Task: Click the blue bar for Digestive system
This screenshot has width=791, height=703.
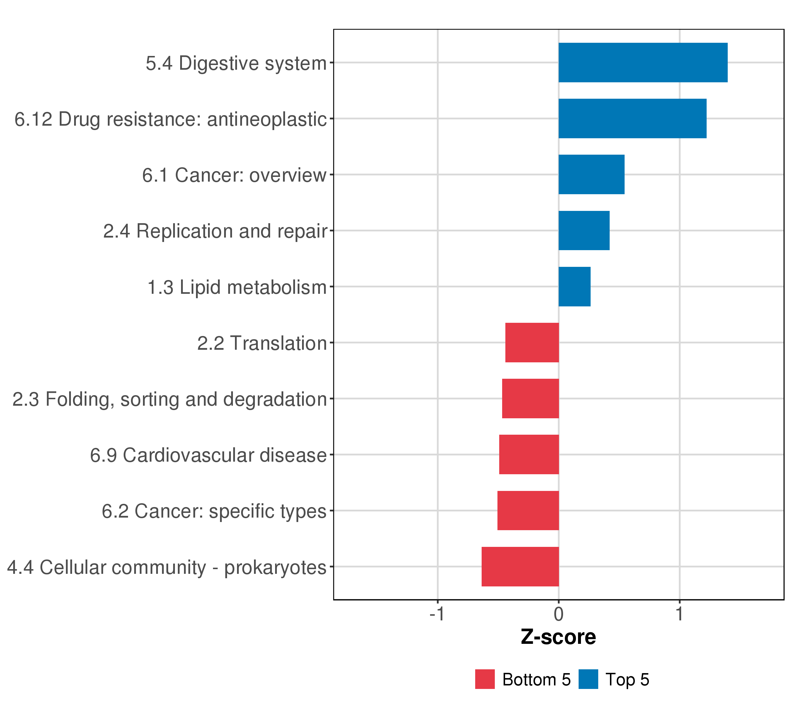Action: pos(643,63)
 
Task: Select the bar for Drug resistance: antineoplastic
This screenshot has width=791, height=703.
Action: pos(632,118)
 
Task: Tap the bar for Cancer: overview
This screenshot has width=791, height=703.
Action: pos(591,175)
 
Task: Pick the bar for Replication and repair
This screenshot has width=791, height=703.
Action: pos(584,231)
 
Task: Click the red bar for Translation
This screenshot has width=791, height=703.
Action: pos(532,342)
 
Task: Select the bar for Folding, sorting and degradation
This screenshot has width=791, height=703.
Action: pos(531,398)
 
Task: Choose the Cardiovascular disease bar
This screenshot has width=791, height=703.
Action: pos(529,455)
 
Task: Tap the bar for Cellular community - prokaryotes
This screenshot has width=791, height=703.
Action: pos(520,567)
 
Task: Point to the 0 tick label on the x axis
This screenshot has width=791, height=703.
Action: pos(558,614)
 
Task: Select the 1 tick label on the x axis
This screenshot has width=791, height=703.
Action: pos(679,614)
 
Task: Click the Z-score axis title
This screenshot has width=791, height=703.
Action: pos(558,637)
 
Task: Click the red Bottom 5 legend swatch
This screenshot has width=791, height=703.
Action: pos(485,679)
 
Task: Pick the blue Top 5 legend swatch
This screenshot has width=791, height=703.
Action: pos(588,679)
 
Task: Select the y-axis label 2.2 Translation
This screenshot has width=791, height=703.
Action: pos(262,343)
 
